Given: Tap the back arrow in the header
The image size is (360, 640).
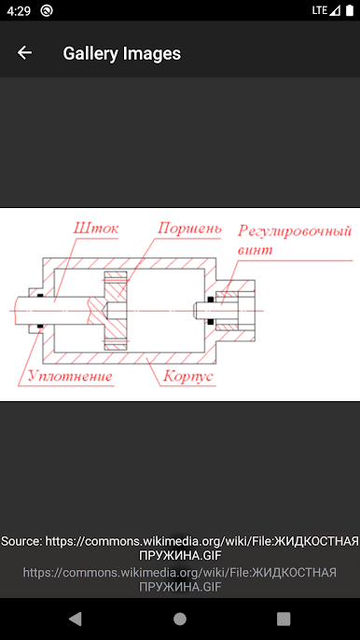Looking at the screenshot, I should (x=24, y=53).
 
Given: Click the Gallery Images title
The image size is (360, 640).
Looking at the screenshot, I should (x=121, y=53).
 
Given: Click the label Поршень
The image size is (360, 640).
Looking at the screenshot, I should (x=189, y=228).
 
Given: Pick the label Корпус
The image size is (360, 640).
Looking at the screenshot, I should (x=187, y=377).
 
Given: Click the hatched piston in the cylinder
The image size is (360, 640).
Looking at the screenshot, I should (x=115, y=311).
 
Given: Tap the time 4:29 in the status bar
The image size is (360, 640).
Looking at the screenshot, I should (x=18, y=10).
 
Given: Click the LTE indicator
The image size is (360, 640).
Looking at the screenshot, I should (x=320, y=10).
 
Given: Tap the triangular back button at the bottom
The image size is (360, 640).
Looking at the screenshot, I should (x=76, y=618).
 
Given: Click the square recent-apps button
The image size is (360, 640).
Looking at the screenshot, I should (x=284, y=618).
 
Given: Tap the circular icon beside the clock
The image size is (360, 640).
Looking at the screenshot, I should (x=47, y=10).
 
